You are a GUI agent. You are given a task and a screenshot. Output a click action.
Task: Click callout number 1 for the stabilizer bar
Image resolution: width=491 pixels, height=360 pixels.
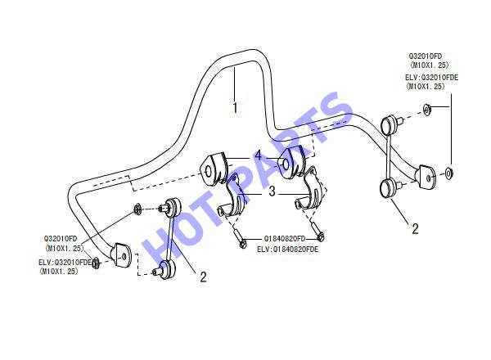[x=235, y=106]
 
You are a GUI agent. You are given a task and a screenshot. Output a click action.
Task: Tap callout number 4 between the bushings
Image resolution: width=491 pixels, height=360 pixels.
[x=258, y=155]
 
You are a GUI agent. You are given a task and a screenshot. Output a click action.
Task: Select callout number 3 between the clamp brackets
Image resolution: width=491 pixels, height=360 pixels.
[x=272, y=191]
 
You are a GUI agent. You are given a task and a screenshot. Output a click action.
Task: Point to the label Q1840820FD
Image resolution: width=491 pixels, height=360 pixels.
[x=284, y=239]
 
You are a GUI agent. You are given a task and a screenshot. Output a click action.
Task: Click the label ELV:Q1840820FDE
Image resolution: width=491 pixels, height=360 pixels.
[x=287, y=250]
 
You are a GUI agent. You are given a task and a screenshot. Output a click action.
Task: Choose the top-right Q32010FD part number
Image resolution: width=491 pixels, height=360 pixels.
[x=425, y=56]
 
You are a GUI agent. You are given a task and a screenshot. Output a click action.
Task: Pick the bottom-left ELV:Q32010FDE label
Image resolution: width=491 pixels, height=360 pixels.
[x=65, y=262]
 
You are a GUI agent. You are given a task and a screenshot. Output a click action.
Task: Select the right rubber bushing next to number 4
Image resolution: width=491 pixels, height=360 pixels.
[x=291, y=162]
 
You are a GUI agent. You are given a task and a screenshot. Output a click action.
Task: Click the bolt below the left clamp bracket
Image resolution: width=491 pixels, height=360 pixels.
[x=240, y=239]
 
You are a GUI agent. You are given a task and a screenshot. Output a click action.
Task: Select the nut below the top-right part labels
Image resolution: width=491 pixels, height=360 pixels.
[x=426, y=110]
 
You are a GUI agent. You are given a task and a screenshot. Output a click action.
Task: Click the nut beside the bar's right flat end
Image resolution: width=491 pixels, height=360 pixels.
[x=448, y=173]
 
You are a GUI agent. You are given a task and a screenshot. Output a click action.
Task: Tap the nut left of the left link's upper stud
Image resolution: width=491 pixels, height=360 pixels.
[x=137, y=209]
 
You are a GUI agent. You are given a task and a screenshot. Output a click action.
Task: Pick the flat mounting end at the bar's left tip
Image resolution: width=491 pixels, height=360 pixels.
[x=121, y=255]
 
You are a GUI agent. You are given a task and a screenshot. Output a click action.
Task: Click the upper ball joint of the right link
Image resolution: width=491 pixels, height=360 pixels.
[x=390, y=124]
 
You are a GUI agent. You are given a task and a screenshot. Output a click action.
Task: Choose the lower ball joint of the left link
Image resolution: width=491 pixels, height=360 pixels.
[x=165, y=269]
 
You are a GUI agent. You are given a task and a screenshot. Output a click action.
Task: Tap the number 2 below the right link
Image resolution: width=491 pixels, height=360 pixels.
[x=415, y=229]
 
